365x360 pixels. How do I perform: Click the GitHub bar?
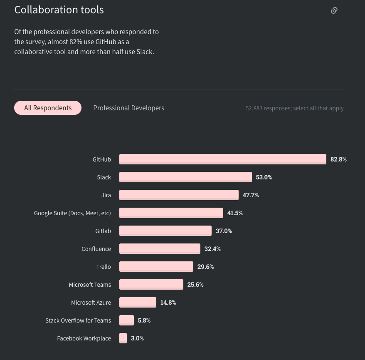[222, 159]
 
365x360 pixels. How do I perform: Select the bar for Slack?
[185, 177]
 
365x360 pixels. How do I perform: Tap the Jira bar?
[179, 195]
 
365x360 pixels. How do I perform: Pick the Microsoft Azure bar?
[138, 302]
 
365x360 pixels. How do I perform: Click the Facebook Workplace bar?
[123, 338]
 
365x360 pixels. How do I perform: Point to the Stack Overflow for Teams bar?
[126, 320]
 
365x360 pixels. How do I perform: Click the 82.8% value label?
[338, 159]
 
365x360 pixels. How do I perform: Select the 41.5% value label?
[235, 213]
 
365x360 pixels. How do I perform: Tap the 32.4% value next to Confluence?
[212, 249]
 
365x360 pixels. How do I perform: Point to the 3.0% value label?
[137, 338]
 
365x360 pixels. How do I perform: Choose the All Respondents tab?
[48, 108]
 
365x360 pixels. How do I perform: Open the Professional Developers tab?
[128, 108]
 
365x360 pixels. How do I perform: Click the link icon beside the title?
[334, 10]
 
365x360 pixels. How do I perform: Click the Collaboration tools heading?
[59, 10]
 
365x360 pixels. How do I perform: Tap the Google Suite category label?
[72, 213]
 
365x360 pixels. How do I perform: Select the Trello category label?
[104, 267]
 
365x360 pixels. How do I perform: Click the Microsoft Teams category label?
[90, 285]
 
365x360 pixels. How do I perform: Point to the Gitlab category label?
[103, 231]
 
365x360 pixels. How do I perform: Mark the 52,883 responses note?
[294, 108]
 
